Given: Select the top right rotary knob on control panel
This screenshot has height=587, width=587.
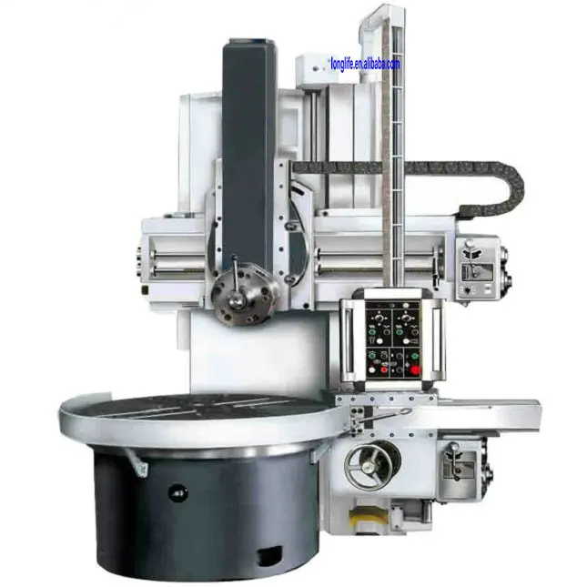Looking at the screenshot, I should click(x=405, y=320).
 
